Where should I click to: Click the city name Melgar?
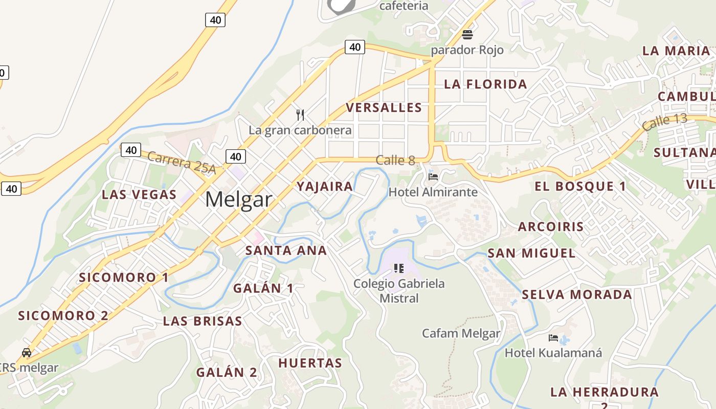point(238,199)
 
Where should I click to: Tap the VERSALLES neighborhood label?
point(384,108)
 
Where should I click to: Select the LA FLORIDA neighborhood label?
point(485,84)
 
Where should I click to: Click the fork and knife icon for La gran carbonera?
point(300,115)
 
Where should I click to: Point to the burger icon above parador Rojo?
point(467,35)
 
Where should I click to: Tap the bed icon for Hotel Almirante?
point(433,177)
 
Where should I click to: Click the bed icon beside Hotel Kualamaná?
point(553,337)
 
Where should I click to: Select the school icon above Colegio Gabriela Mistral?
point(399,268)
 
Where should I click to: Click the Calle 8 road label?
point(395,160)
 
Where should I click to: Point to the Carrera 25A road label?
point(182,162)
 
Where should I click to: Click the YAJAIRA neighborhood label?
point(325,187)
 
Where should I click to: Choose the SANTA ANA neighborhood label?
point(286,251)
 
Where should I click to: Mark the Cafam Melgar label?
point(461,333)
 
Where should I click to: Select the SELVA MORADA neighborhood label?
point(576,294)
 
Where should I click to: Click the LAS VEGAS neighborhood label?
point(139,195)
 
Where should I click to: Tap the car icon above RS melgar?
point(26,352)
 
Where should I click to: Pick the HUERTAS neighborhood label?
point(310,363)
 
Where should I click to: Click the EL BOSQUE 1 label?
point(580,187)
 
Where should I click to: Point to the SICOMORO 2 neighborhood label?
point(63,315)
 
